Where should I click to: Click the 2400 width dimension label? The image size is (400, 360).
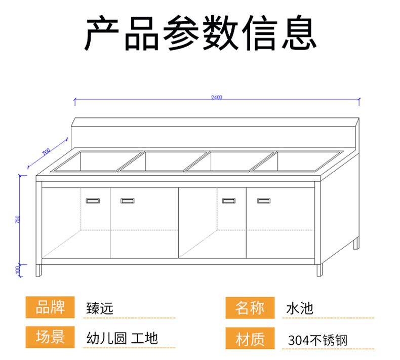(217, 97)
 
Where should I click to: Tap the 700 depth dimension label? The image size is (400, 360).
(46, 151)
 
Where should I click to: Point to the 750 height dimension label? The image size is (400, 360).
(18, 220)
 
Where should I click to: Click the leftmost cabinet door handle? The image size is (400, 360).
(93, 201)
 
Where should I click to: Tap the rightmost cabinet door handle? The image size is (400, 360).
(264, 201)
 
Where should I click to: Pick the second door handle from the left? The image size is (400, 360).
(127, 201)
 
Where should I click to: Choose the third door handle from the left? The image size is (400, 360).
(229, 201)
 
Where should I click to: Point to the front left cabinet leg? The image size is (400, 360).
(39, 269)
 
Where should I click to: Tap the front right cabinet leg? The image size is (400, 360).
(319, 269)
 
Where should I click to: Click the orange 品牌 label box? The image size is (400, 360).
(50, 307)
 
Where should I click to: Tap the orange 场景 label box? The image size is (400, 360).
(50, 337)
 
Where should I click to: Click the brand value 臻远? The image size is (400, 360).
(100, 307)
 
